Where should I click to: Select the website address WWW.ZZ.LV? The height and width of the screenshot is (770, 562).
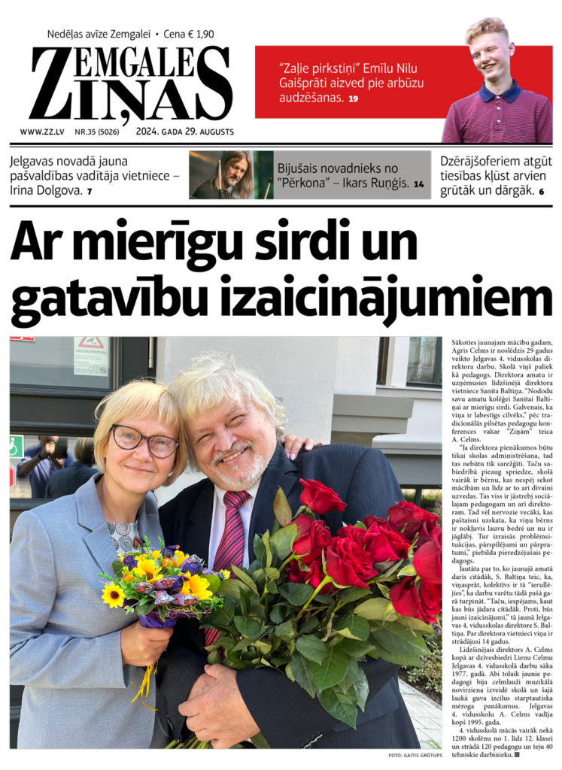click(x=41, y=132)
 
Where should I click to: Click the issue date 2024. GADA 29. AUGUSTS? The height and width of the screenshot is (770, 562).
click(x=185, y=132)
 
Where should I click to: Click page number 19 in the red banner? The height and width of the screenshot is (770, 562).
click(x=354, y=99)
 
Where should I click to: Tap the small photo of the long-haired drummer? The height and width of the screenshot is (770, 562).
click(x=230, y=175)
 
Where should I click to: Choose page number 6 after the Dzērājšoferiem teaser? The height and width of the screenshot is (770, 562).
click(x=542, y=191)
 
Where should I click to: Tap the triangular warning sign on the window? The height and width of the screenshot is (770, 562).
click(x=91, y=344)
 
